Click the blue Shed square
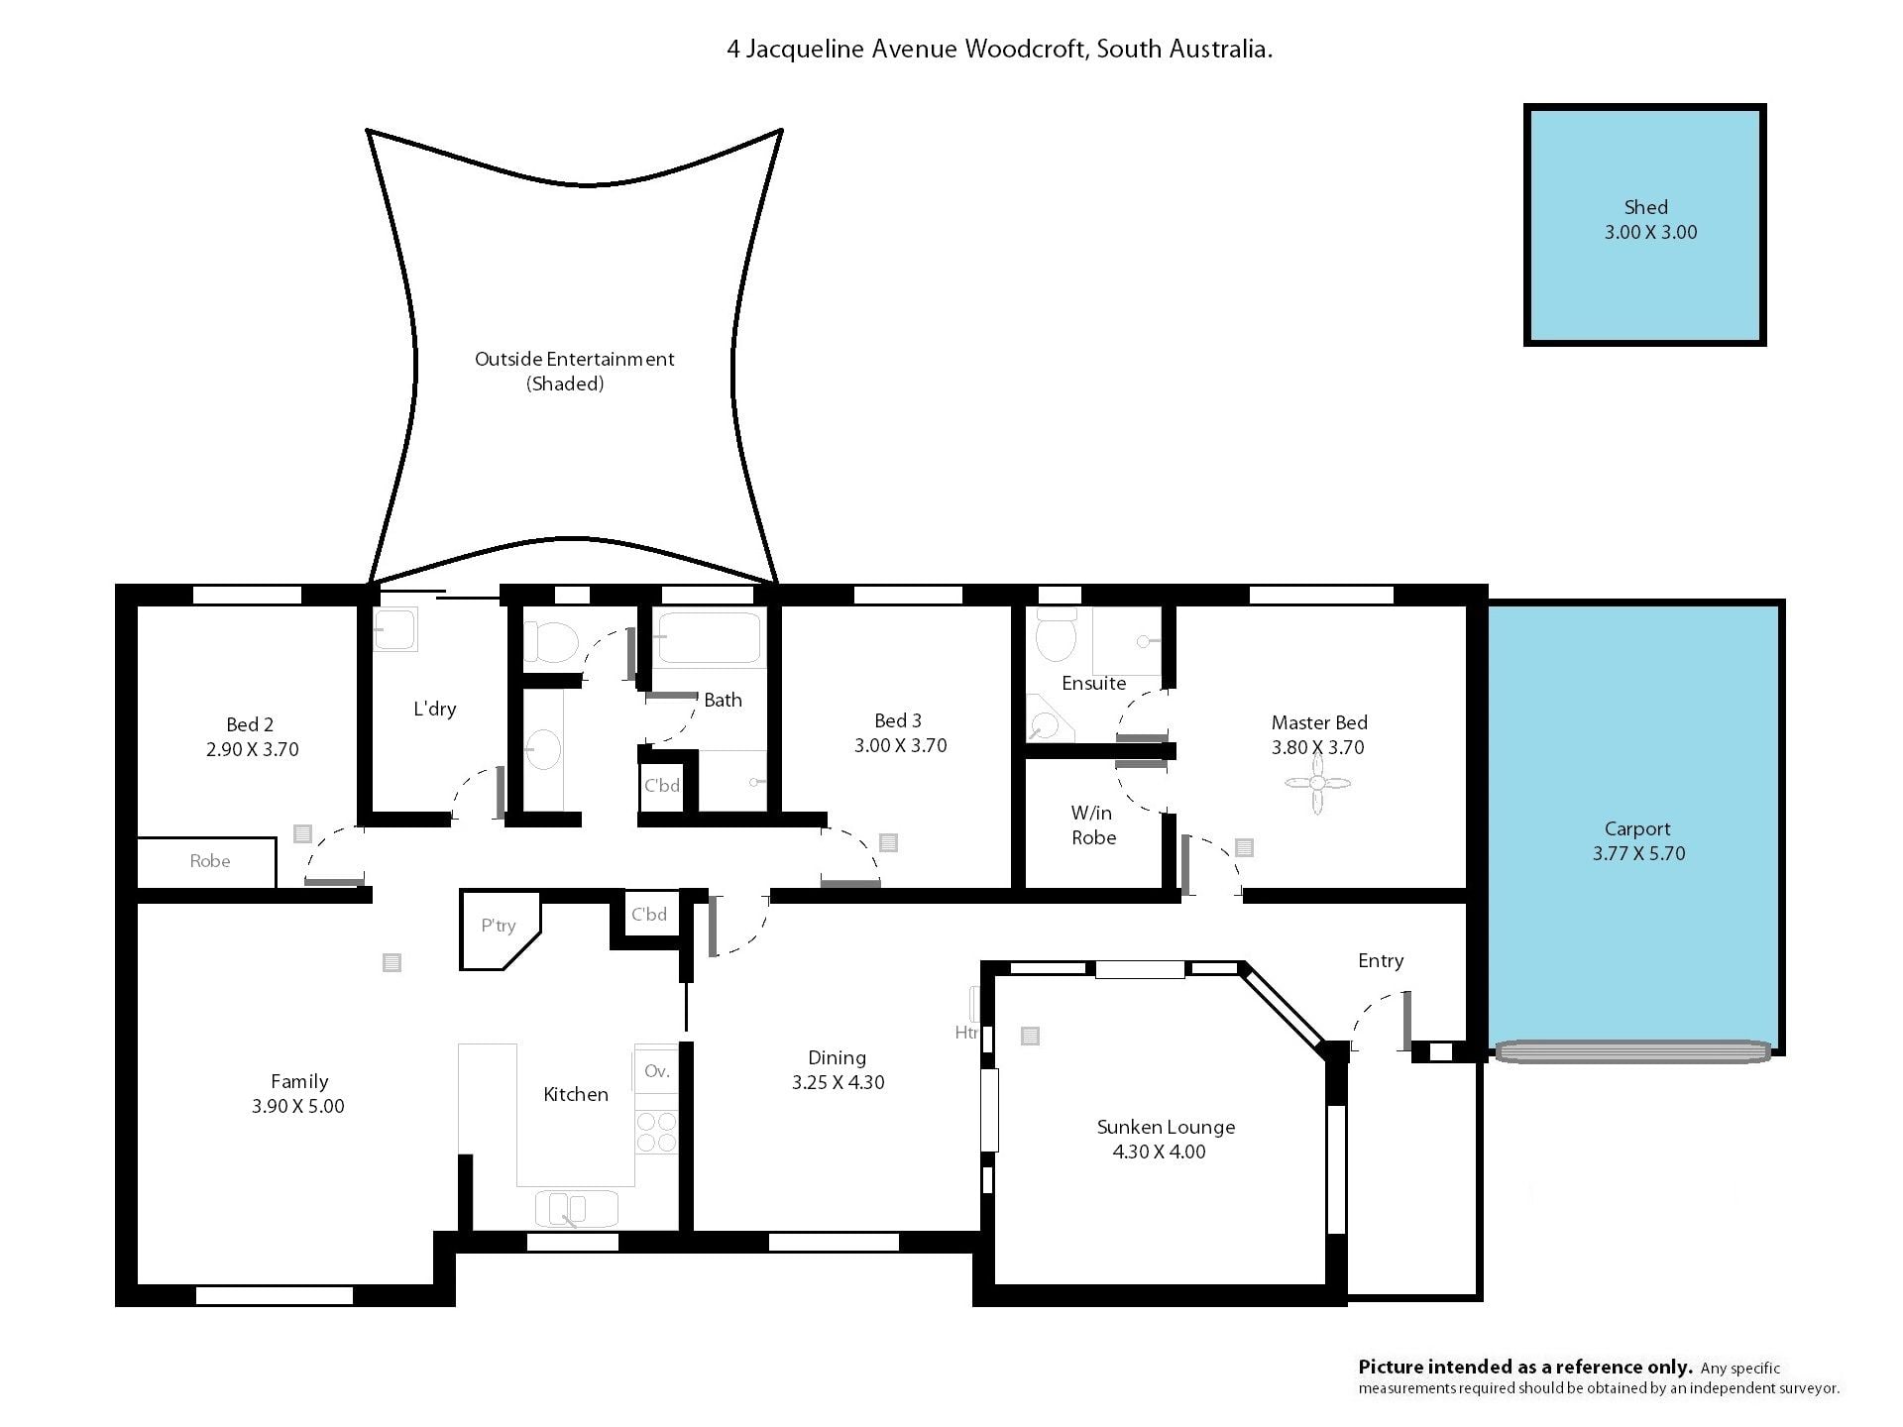tap(1644, 225)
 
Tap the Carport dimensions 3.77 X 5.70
tap(1638, 853)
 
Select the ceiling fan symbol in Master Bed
tap(1317, 783)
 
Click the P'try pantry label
tap(499, 926)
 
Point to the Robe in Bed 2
tap(206, 862)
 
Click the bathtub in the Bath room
tap(709, 638)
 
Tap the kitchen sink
tap(576, 1209)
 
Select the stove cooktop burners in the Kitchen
tap(655, 1132)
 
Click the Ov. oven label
tap(656, 1071)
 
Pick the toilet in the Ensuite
tap(1056, 634)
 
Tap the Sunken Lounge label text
tap(1166, 1127)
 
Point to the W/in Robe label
tap(1092, 825)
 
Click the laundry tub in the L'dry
tap(395, 628)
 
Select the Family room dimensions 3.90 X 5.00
tap(298, 1106)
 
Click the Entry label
tap(1381, 961)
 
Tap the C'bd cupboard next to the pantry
tap(649, 915)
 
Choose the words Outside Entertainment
tap(574, 359)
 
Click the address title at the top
tap(999, 50)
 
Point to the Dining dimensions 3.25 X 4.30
tap(838, 1082)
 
